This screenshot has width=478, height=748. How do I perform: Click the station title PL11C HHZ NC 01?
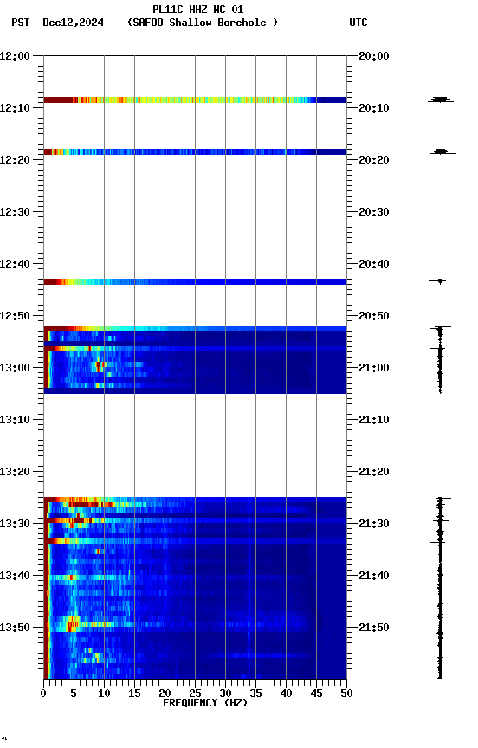(197, 9)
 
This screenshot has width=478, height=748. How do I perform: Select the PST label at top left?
(20, 23)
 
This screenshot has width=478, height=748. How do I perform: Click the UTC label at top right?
(358, 23)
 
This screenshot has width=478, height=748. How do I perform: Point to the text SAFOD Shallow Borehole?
(203, 23)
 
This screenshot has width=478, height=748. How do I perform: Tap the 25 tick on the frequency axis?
(195, 693)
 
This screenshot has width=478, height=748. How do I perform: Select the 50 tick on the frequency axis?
(346, 693)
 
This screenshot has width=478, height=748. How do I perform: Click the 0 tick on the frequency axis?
(43, 693)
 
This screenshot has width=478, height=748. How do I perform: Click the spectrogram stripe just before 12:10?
(195, 100)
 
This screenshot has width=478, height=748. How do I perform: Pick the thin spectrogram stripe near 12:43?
(195, 281)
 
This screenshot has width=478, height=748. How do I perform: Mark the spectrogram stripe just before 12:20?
(195, 152)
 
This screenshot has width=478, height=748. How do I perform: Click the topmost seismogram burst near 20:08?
(440, 100)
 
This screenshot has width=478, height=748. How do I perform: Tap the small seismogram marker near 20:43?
(440, 280)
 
